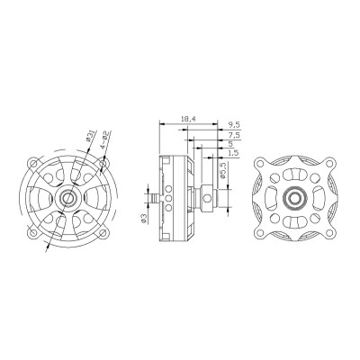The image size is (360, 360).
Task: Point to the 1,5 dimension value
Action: (x=233, y=154)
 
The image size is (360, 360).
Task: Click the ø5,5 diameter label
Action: (x=221, y=170)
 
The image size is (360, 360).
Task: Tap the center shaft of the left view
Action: (x=68, y=196)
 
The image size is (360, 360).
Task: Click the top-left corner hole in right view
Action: (x=260, y=163)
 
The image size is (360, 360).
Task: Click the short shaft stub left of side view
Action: (x=153, y=195)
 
